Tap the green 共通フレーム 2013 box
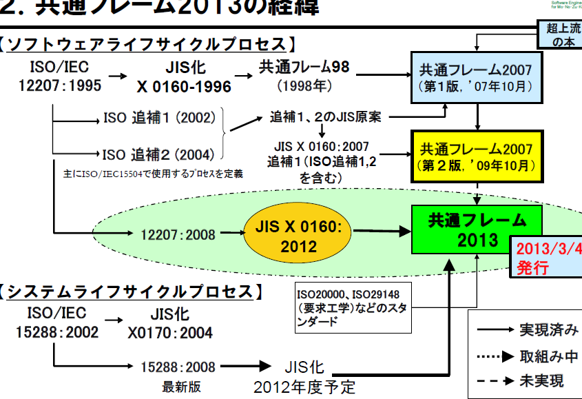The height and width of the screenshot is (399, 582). [475, 229]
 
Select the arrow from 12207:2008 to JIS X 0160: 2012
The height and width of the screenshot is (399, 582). [227, 235]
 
